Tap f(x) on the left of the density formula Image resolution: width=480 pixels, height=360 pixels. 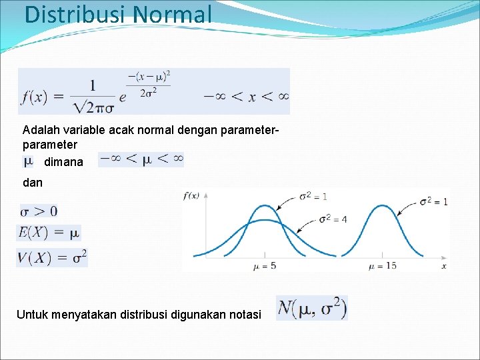coord(33,97)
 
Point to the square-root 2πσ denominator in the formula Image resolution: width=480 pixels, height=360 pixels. coord(93,105)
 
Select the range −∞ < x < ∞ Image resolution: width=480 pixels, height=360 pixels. coord(246,97)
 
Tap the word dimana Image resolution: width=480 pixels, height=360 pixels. coord(63,162)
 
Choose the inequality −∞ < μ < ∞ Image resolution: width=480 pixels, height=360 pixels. coord(141,159)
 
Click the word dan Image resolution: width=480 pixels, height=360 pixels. coord(32,182)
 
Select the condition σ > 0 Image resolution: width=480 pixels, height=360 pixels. coord(39,211)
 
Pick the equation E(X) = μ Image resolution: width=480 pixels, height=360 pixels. coord(49,233)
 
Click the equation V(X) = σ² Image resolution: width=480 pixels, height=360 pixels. coord(52,257)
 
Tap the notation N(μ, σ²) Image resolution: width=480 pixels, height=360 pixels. coord(311,308)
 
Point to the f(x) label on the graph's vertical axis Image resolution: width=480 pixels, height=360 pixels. coord(191,195)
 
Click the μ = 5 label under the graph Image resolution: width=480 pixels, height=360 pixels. coord(265,266)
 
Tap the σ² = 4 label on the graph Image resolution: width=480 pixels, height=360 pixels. coord(333,219)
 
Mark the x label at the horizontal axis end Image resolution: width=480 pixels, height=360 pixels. coord(443,266)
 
